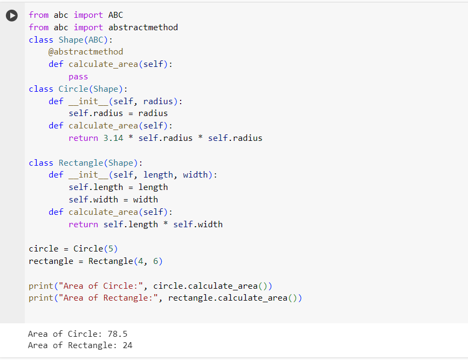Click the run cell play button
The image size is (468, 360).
12,16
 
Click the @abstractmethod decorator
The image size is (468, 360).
86,52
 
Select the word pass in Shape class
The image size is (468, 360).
78,77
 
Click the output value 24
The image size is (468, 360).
128,345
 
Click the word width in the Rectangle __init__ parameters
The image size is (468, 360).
197,175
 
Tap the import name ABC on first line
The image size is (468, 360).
115,15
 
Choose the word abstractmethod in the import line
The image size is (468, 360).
143,27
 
